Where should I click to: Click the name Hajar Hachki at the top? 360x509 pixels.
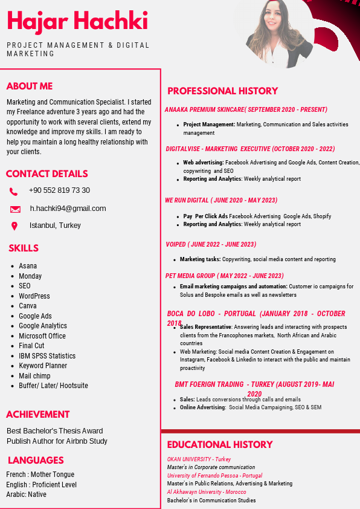point(77,21)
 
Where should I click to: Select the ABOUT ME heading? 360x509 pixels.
point(30,86)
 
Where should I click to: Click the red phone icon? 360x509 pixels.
point(14,192)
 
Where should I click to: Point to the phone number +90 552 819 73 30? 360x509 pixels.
point(59,190)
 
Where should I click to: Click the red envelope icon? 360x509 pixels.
point(15,209)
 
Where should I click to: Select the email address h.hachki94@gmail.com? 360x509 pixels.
point(68,209)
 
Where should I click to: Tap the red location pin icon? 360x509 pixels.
point(14,226)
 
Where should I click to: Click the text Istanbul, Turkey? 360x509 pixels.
point(55,225)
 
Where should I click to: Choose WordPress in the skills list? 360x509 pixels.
point(34,296)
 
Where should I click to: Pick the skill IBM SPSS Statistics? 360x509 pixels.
point(47,356)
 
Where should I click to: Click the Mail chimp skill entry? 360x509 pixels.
point(34,376)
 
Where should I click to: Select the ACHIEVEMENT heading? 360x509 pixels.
point(38,415)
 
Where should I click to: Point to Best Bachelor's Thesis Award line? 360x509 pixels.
point(55,431)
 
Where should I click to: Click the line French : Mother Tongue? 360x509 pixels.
point(40,475)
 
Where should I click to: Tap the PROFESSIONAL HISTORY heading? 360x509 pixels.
point(222,91)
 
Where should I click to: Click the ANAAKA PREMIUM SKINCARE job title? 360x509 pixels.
point(246,110)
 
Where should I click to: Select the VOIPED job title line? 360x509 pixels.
point(211,245)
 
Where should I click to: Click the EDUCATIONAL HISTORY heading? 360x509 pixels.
point(220,445)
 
